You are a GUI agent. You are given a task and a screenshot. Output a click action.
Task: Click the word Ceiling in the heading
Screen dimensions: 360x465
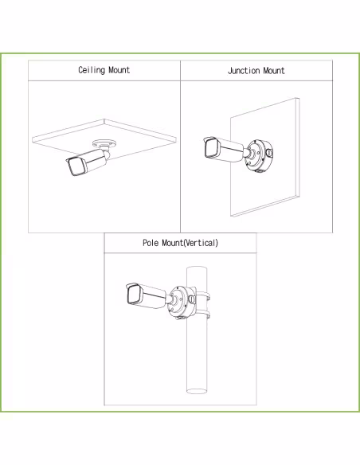click(92, 70)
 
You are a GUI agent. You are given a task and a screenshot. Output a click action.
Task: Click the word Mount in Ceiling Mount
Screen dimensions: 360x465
click(119, 70)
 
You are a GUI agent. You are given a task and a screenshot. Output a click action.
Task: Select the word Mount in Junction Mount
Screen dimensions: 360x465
click(274, 71)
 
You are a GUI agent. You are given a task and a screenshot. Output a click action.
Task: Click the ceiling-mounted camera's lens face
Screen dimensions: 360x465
click(76, 167)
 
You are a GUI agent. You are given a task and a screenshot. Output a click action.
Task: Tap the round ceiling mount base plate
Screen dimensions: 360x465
click(104, 144)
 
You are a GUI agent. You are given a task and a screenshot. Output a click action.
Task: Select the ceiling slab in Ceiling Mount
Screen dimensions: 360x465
click(104, 137)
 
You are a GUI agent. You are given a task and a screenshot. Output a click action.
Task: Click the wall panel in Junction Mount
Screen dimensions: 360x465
click(264, 157)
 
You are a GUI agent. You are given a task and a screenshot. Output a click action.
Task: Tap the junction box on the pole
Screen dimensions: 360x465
click(182, 302)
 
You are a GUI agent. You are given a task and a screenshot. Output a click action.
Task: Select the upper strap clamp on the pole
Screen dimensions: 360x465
click(203, 296)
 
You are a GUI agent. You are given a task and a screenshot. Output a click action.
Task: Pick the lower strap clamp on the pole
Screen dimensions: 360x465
click(203, 314)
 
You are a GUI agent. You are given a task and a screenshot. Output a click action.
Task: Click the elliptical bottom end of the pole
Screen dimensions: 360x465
click(197, 391)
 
